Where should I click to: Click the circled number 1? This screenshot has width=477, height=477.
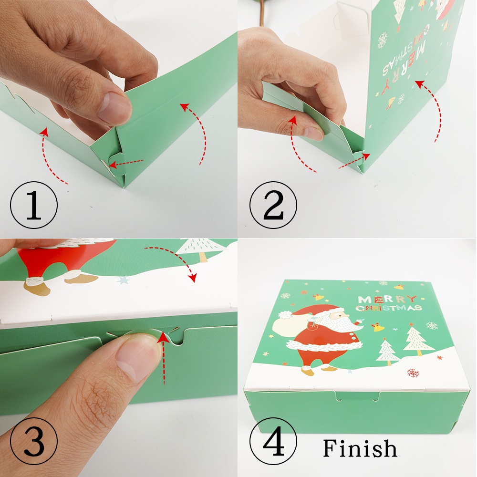(x=33, y=205)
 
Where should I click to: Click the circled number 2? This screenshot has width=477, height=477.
(x=273, y=205)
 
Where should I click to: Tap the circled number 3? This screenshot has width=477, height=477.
(x=33, y=441)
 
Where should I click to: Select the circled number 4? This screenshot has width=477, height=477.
(x=273, y=441)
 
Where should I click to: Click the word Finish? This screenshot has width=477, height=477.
(x=360, y=448)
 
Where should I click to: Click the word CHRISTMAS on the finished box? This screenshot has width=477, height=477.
(x=388, y=308)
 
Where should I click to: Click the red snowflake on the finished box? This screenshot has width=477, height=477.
(x=413, y=373)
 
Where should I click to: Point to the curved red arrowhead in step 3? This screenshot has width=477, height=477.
(x=192, y=278)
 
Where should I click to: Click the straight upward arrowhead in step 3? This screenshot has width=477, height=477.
(x=163, y=337)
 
